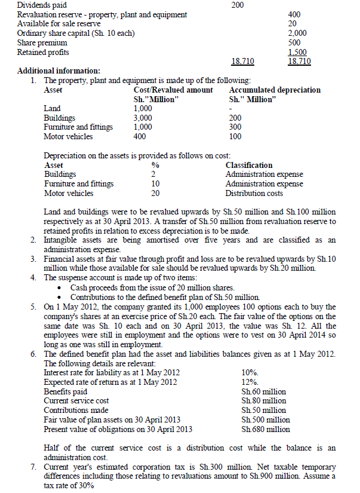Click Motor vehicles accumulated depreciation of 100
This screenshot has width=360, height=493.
(235, 136)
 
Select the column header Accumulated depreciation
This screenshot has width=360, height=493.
(275, 90)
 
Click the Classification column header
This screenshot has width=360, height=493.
(249, 165)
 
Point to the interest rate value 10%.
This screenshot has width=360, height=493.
(249, 373)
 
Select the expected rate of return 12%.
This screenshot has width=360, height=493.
(249, 382)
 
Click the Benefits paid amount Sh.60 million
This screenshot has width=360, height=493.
(263, 391)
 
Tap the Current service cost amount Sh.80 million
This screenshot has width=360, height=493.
(263, 401)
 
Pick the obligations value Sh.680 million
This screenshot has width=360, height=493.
(266, 429)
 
